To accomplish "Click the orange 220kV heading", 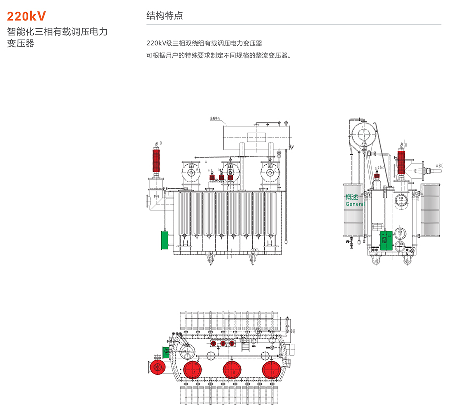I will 27,16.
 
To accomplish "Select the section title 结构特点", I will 165,15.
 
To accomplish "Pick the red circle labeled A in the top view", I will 193,370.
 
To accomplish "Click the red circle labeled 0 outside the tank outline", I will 158,367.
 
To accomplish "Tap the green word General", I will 354,204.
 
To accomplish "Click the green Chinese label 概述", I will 352,197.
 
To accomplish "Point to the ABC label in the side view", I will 439,166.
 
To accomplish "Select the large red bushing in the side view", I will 402,162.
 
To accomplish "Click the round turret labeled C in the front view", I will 269,172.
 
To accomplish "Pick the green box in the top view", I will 166,352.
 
